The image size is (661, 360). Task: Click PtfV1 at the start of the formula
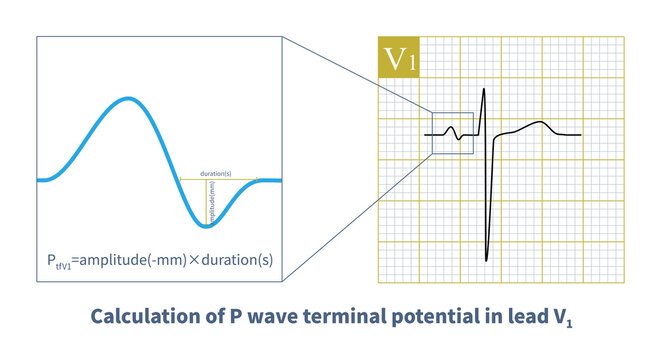(62, 259)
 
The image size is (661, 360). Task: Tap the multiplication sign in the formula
(195, 258)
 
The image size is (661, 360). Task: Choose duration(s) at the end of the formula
(238, 258)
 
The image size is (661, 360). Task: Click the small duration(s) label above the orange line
(217, 173)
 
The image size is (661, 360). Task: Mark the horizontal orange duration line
(218, 180)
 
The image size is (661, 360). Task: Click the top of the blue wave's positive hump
(125, 98)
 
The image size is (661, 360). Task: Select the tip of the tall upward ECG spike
(484, 89)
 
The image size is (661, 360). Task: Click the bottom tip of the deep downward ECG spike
(487, 261)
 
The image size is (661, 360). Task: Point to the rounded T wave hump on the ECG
(541, 123)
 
